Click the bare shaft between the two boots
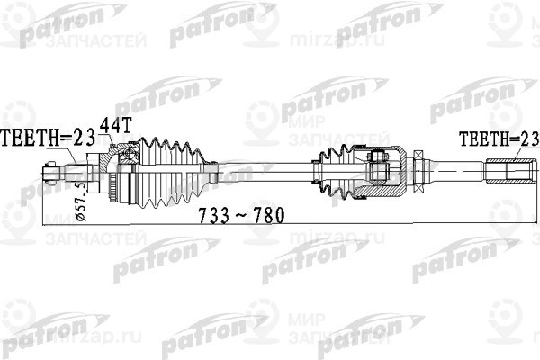pos(261,168)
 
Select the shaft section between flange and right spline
pos(454,169)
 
